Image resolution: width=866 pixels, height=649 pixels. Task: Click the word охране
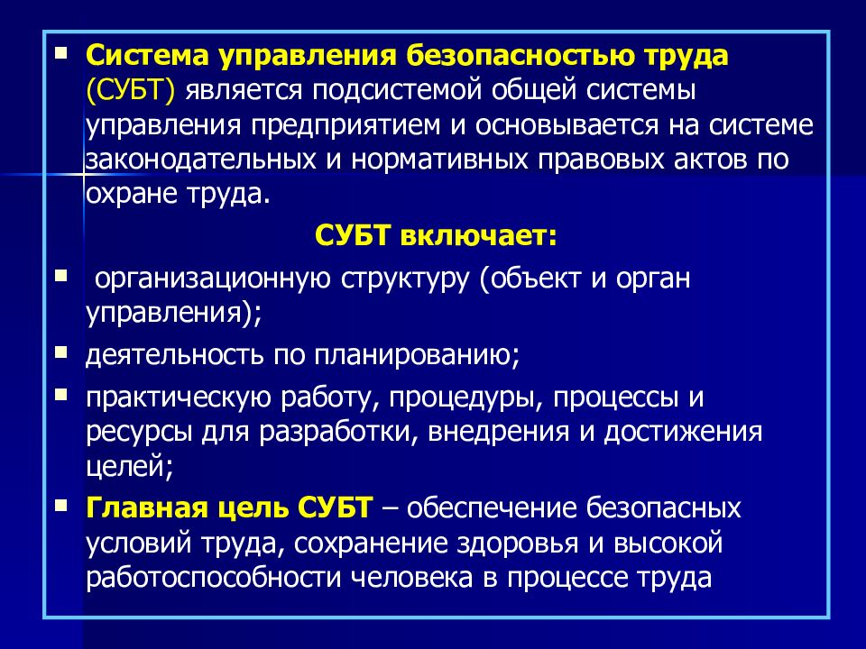(x=131, y=194)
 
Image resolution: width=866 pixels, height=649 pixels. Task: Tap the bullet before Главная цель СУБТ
(x=60, y=501)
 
